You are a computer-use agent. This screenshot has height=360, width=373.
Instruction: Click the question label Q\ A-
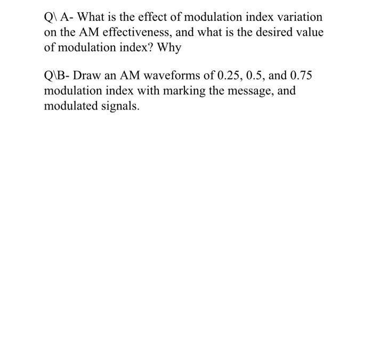[58, 17]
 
